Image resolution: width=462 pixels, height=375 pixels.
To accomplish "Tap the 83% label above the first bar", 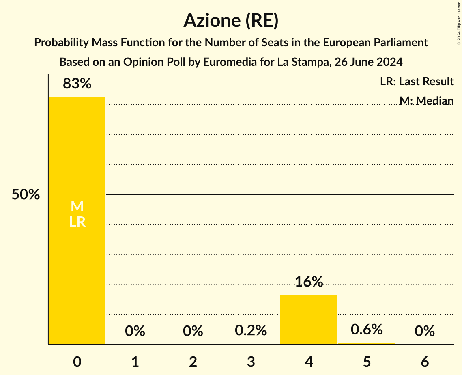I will (x=77, y=84).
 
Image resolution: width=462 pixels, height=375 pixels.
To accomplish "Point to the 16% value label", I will (x=309, y=282).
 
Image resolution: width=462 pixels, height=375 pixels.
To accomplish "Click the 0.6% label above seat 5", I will (x=367, y=329).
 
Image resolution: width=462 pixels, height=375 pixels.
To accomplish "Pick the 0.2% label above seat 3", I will (x=251, y=330).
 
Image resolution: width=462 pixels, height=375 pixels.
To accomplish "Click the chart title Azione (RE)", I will (x=231, y=20).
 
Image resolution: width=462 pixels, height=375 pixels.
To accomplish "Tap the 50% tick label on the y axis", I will (x=26, y=195).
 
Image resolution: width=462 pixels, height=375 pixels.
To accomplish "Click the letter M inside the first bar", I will (x=77, y=207).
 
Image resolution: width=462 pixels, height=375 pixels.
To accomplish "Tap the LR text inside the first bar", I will (x=77, y=222).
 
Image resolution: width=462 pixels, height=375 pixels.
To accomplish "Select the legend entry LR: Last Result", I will (x=417, y=82).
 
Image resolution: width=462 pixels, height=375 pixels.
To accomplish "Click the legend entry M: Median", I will (x=426, y=100).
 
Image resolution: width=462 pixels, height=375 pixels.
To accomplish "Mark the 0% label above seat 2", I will (x=193, y=331).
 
